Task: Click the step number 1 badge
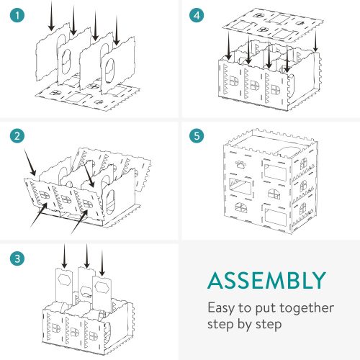pyautogui.click(x=17, y=15)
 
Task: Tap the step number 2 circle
pyautogui.click(x=17, y=136)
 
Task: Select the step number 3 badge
pyautogui.click(x=17, y=258)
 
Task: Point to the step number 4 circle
pyautogui.click(x=197, y=15)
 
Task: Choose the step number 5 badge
pyautogui.click(x=197, y=136)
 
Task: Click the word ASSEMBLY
pyautogui.click(x=267, y=280)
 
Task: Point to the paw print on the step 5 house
pyautogui.click(x=240, y=164)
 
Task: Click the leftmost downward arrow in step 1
pyautogui.click(x=51, y=16)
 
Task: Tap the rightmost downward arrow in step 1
pyautogui.click(x=117, y=30)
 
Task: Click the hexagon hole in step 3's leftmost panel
pyautogui.click(x=64, y=279)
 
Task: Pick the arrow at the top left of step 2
pyautogui.click(x=30, y=162)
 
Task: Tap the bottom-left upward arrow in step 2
pyautogui.click(x=39, y=215)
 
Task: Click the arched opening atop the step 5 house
pyautogui.click(x=289, y=152)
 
